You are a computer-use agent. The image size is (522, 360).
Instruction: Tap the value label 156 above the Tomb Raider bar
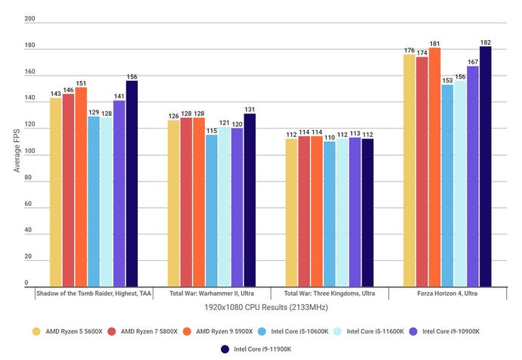pos(132,76)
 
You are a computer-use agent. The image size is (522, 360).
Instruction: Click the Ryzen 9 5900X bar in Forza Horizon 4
pos(434,167)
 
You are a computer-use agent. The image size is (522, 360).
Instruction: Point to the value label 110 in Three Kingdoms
pos(329,137)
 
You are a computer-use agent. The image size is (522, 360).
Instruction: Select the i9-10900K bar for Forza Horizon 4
pos(472,175)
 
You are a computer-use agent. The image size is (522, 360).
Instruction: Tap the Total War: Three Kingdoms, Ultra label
pos(329,293)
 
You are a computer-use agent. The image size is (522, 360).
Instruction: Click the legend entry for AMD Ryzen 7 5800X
pos(148,331)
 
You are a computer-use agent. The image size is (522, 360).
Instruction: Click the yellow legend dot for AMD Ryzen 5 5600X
pos(36,331)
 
